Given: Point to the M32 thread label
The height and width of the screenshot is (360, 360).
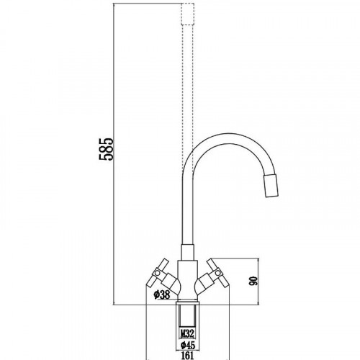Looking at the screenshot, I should click(187, 333).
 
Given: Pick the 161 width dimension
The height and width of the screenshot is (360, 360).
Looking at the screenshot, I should click(187, 354).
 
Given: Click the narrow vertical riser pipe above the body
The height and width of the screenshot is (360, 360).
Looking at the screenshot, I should click(186, 216).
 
